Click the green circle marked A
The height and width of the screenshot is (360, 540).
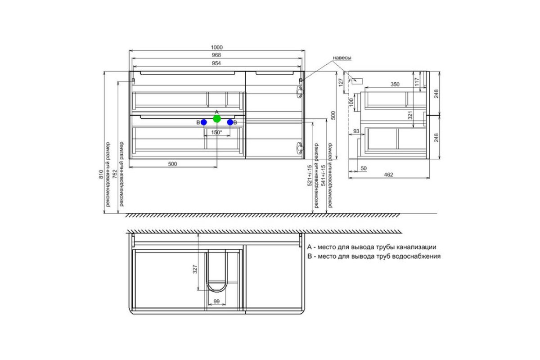217,119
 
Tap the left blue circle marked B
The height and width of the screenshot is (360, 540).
204,122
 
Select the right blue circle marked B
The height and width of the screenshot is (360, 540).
230,122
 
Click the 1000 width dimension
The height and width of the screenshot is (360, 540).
217,47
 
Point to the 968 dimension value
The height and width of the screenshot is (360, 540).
216,55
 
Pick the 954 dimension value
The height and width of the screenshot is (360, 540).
216,63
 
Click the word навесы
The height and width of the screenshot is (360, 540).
342,58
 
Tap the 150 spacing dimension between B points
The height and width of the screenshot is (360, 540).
216,132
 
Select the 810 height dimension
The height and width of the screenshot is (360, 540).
101,174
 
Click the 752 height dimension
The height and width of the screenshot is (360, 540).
115,174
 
